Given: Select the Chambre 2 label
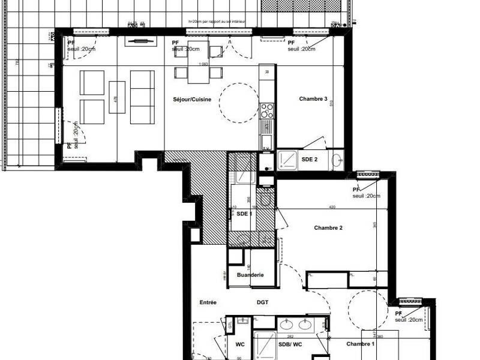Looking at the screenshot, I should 328,227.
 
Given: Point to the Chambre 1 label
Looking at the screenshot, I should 361,343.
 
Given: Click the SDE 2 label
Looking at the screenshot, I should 310,159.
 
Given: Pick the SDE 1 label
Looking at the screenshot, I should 244,214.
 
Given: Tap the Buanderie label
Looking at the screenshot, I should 250,275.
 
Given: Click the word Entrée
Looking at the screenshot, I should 208,302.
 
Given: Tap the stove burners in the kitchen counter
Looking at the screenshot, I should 266,110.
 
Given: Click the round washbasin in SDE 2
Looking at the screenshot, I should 337,159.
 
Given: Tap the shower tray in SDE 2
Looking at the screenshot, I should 287,159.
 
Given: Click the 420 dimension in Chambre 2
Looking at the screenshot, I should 331,207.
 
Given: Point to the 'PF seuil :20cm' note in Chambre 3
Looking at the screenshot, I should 301,46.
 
